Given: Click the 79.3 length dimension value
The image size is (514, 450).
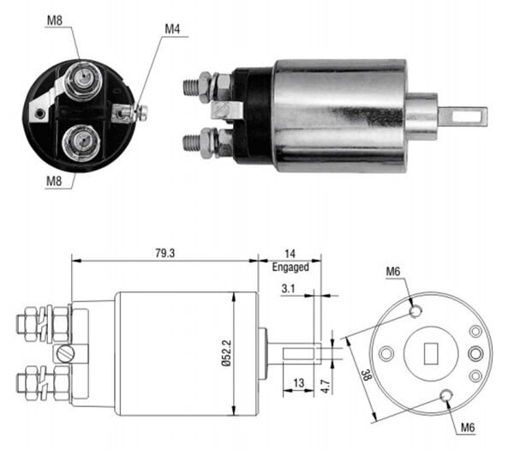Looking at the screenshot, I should [165, 253].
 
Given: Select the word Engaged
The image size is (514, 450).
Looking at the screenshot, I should [290, 267].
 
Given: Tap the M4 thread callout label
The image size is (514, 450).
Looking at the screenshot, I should [173, 30].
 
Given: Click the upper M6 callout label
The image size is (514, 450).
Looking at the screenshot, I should [393, 273].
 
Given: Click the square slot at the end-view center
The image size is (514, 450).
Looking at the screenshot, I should [432, 352].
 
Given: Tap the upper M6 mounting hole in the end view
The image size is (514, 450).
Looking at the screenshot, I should [415, 310].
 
